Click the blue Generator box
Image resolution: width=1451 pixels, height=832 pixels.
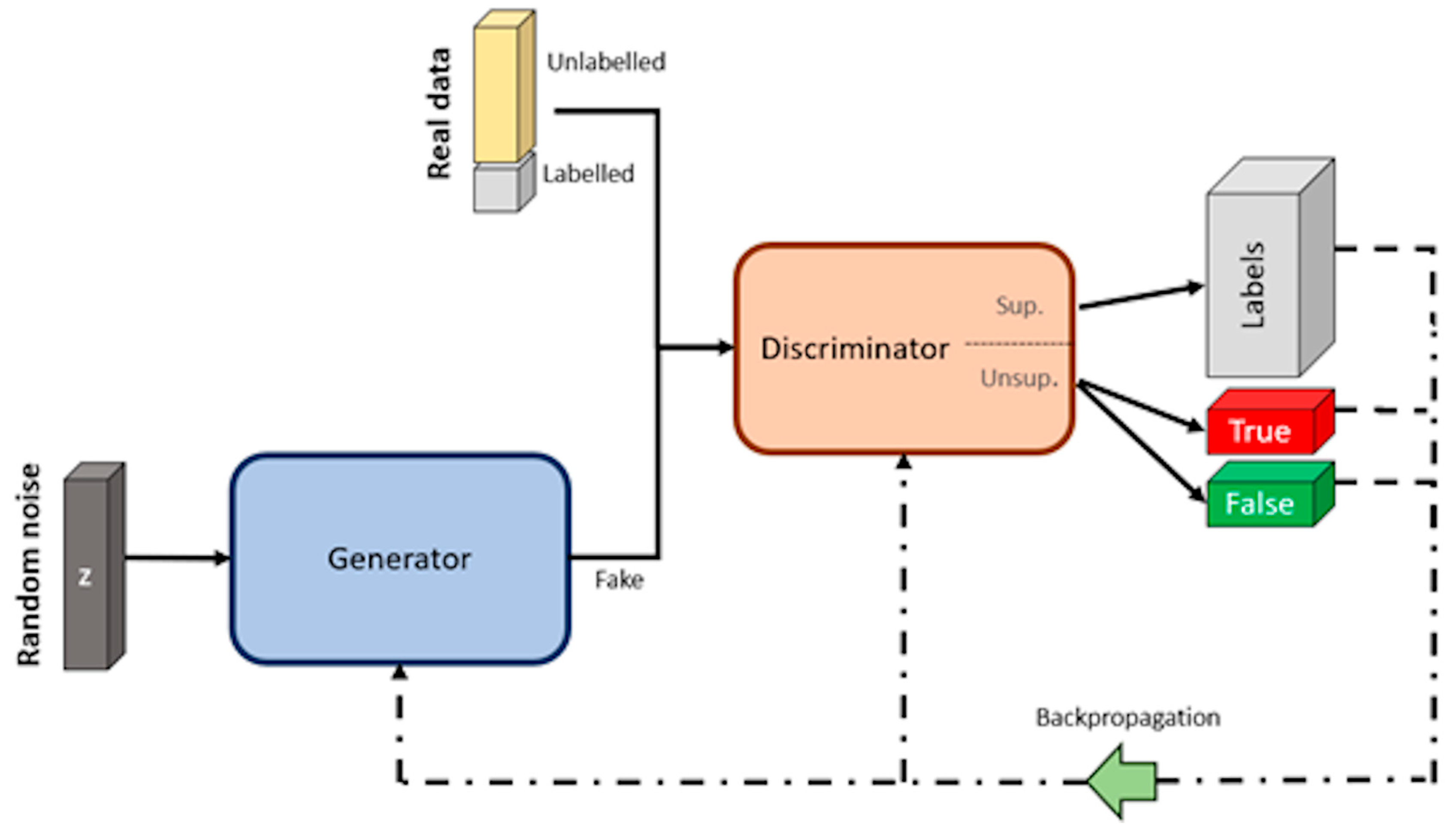[400, 558]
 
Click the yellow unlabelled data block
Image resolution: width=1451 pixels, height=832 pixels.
[496, 94]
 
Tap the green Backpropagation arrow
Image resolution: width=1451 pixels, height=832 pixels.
[1122, 781]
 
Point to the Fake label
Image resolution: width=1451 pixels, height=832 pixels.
[619, 580]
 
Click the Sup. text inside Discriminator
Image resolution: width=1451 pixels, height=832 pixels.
[1019, 306]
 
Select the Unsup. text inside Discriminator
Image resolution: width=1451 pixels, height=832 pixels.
[1019, 378]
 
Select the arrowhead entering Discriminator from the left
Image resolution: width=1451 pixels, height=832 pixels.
[724, 347]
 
